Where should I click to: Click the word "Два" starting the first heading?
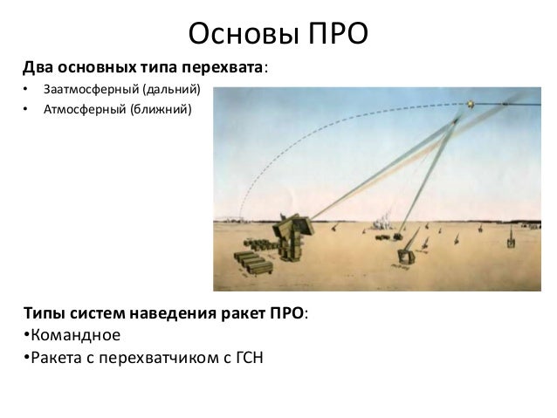tap(38, 67)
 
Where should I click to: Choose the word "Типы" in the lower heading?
tap(43, 313)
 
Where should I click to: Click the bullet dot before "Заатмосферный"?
tap(26, 91)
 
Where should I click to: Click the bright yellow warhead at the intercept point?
tap(470, 104)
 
